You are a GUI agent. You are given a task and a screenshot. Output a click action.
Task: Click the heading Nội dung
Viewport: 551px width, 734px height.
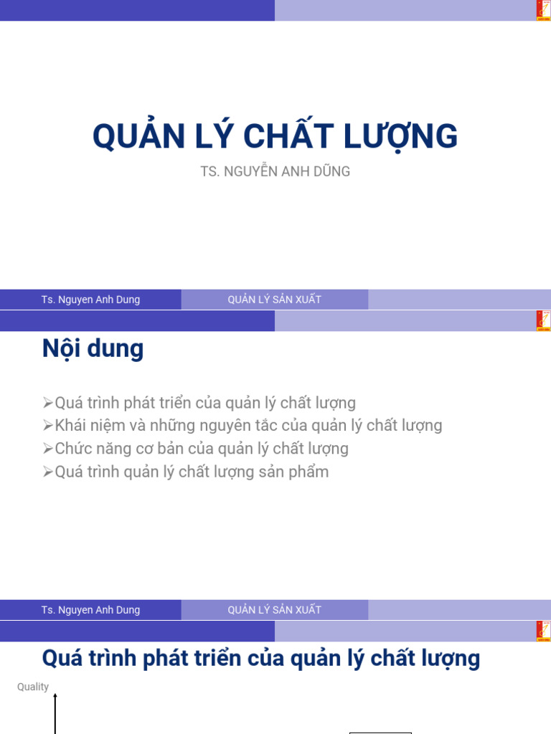pyautogui.click(x=93, y=349)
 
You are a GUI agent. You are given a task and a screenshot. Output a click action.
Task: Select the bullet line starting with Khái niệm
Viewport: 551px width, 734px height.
pyautogui.click(x=248, y=426)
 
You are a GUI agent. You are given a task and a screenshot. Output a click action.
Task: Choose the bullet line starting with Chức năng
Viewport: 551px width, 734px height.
pyautogui.click(x=202, y=449)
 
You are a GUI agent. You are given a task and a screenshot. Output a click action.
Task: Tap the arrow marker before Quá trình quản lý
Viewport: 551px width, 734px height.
pyautogui.click(x=48, y=472)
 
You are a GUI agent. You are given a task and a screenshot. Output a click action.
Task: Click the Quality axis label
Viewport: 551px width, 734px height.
pyautogui.click(x=33, y=687)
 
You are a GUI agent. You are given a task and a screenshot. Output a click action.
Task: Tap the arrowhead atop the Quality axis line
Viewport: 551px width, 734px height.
pyautogui.click(x=55, y=695)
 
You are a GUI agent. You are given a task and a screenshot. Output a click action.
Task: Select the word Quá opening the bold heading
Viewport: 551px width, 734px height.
pyautogui.click(x=59, y=658)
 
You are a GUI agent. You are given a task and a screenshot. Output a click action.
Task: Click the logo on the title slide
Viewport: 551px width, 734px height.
pyautogui.click(x=544, y=10)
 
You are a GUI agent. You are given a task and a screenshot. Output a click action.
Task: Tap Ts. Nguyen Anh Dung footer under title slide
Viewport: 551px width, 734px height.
pyautogui.click(x=90, y=300)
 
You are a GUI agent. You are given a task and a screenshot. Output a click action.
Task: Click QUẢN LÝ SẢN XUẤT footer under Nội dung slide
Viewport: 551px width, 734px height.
pyautogui.click(x=274, y=610)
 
